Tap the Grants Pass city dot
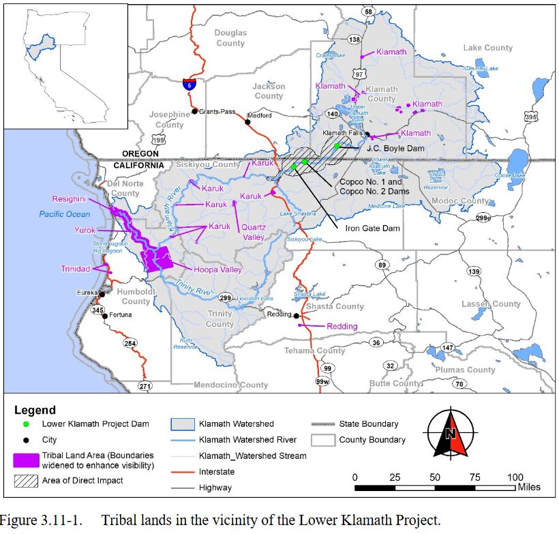tap(195, 111)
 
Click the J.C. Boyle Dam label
tap(387, 147)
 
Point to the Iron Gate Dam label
tap(372, 228)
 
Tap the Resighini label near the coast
tap(69, 199)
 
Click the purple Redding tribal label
tap(342, 326)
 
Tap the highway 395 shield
tap(531, 117)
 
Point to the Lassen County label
tap(491, 303)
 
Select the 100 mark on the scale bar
tap(515, 476)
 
